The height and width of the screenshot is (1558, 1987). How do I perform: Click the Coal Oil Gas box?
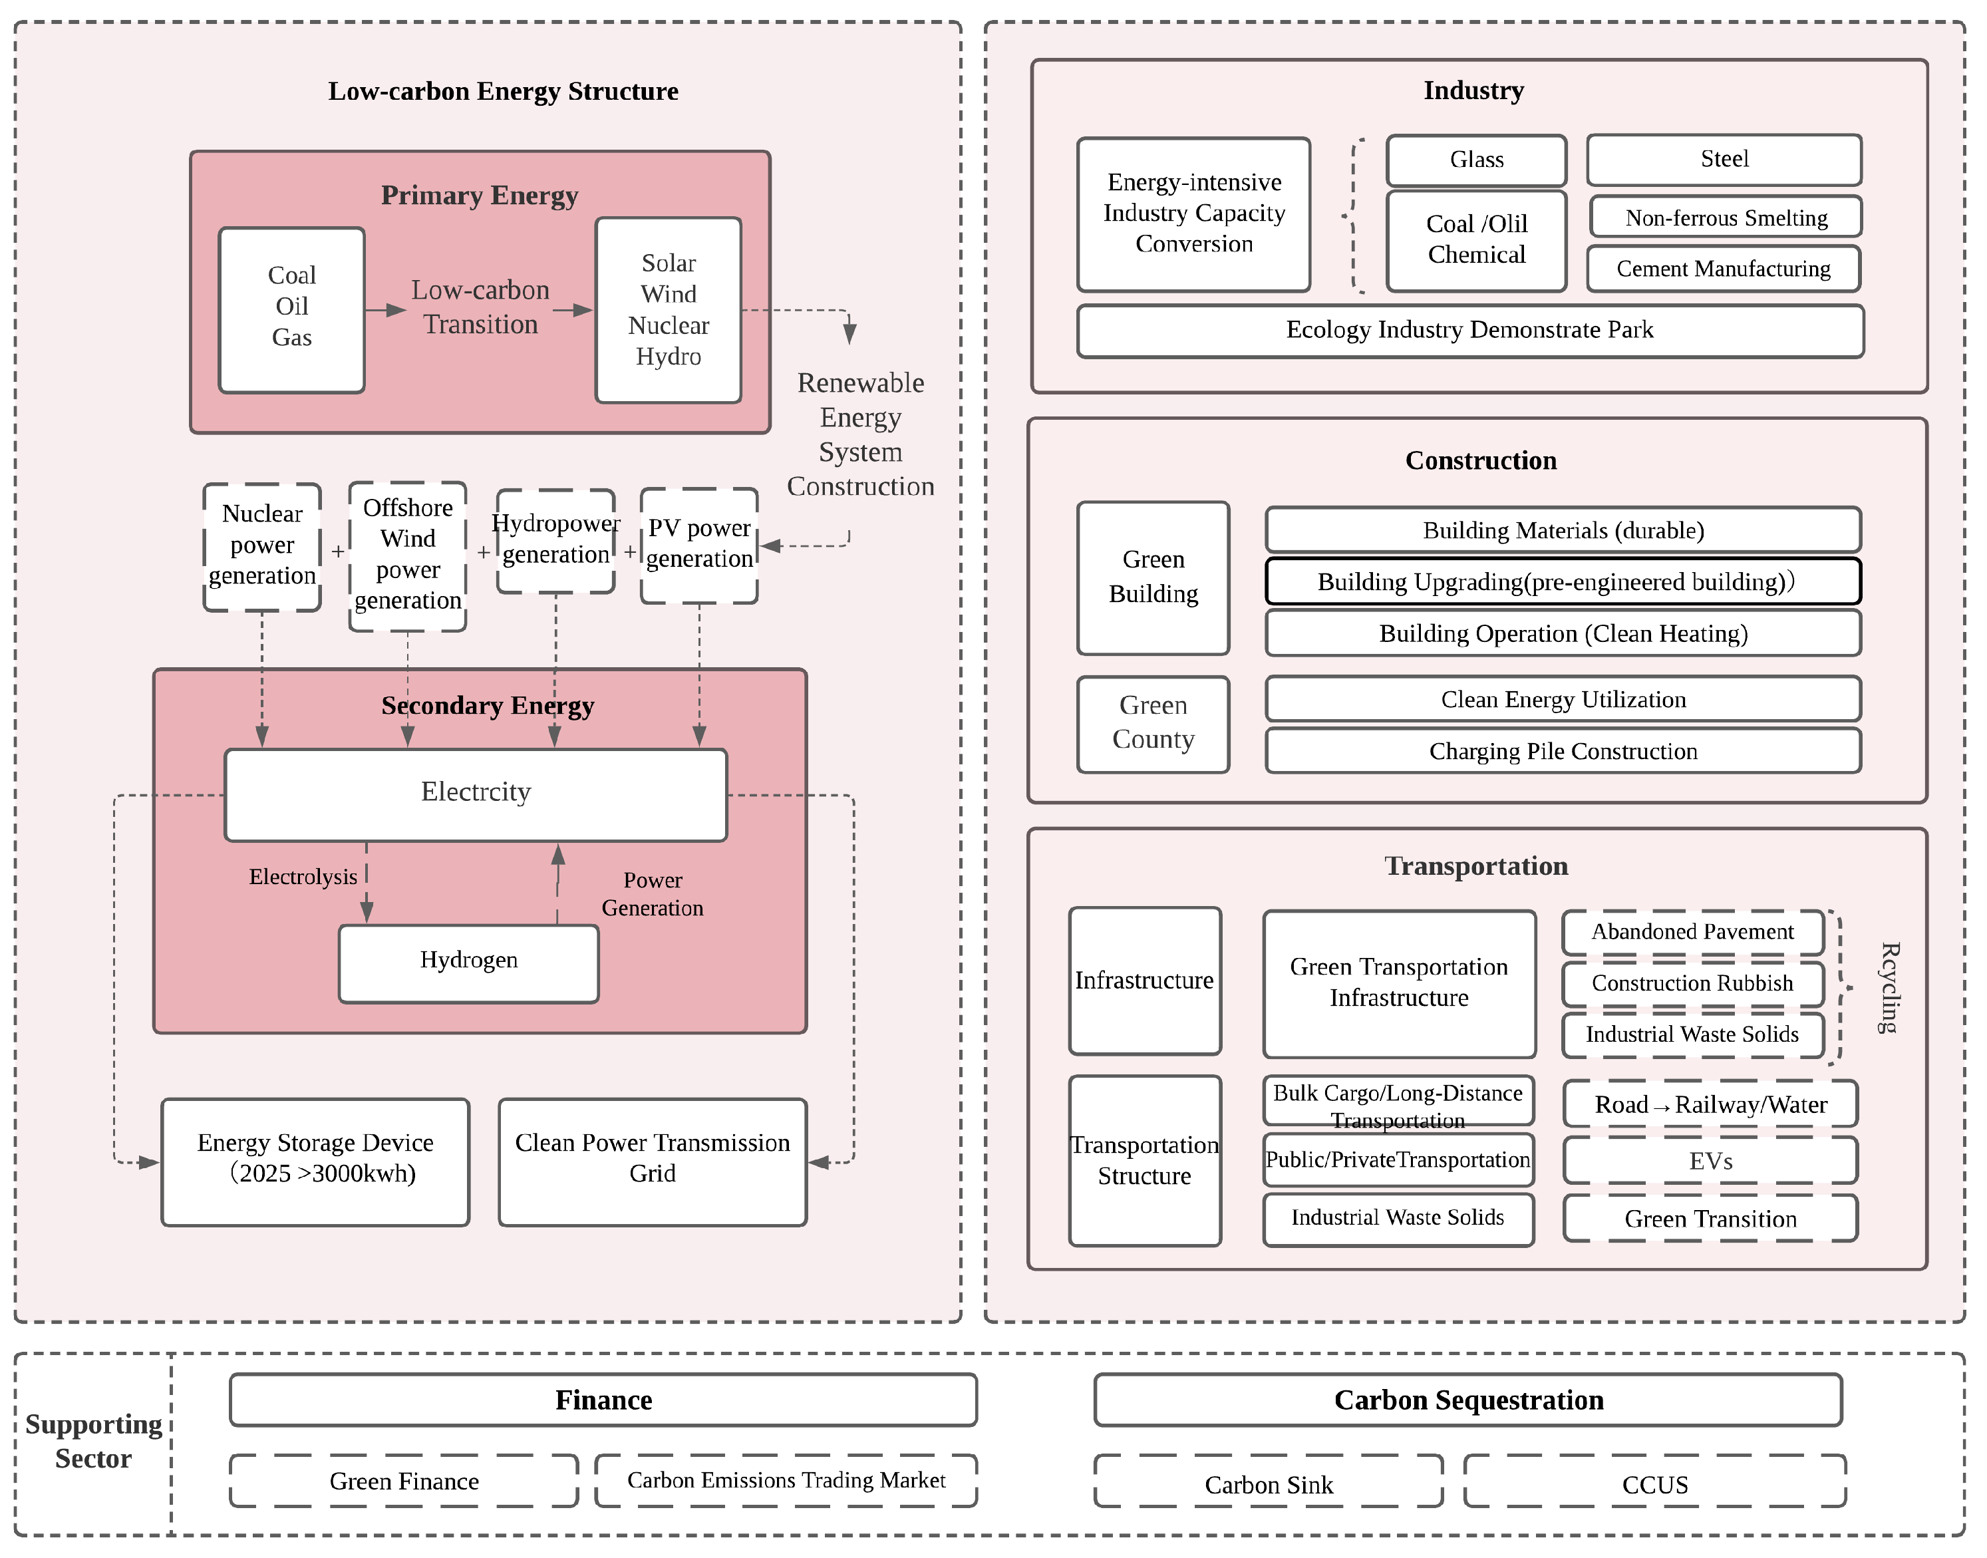tap(292, 310)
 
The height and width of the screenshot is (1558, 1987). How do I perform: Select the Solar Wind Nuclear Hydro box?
tap(669, 310)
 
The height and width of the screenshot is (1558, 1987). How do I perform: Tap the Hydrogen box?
tap(469, 964)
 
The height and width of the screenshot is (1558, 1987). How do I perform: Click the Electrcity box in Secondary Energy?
tap(475, 794)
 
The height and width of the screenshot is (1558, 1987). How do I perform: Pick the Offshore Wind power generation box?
tap(408, 555)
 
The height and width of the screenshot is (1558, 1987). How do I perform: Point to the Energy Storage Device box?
tap(315, 1162)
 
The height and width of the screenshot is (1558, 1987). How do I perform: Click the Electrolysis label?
tap(303, 877)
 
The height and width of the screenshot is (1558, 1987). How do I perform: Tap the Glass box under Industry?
tap(1476, 160)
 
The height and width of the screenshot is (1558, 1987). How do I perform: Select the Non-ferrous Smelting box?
tap(1726, 218)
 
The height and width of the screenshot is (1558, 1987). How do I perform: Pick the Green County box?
tap(1153, 724)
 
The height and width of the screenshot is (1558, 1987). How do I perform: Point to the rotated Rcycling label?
tap(1889, 988)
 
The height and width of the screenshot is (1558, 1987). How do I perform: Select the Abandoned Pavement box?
tap(1692, 932)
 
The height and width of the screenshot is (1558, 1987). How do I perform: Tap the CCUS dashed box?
tap(1654, 1484)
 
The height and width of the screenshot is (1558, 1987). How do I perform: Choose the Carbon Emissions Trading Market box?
tap(786, 1480)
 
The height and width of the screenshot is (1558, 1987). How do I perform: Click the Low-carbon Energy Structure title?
tap(504, 91)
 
